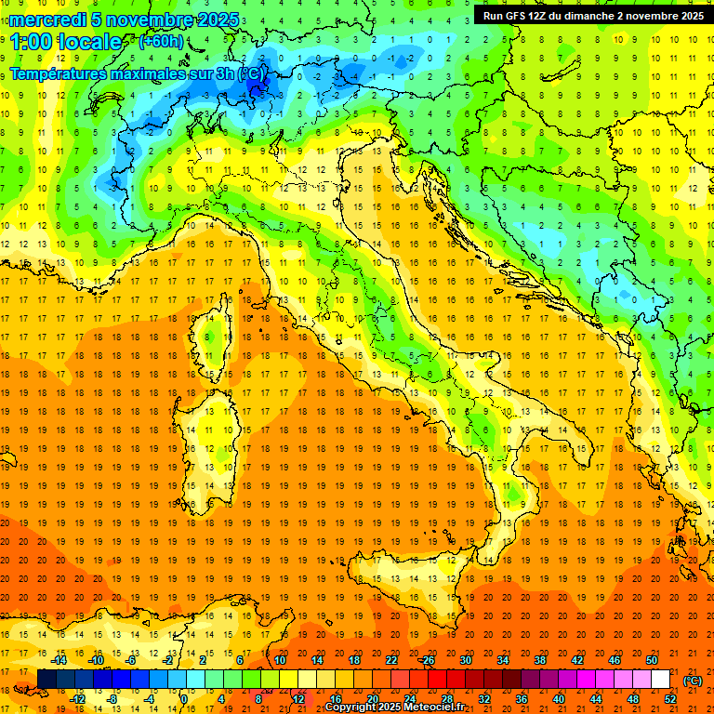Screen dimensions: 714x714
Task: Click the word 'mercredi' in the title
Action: [48, 20]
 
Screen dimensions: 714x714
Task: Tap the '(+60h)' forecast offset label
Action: [161, 41]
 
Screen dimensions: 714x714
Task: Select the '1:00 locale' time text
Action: [65, 42]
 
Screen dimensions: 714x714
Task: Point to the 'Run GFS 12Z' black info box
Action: [592, 15]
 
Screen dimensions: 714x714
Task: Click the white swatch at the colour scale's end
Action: [660, 680]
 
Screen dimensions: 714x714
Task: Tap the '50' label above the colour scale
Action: [652, 660]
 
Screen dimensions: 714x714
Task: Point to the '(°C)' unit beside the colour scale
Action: [693, 681]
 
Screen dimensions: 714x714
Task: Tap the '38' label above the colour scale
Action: [540, 660]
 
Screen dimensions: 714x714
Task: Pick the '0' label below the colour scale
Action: [185, 699]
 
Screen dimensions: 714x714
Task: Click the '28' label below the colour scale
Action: [447, 699]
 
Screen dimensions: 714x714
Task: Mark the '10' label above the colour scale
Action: [280, 660]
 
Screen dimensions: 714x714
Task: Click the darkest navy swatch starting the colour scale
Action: [46, 680]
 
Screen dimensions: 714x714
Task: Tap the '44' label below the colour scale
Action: [596, 699]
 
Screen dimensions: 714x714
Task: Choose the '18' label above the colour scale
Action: [354, 660]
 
